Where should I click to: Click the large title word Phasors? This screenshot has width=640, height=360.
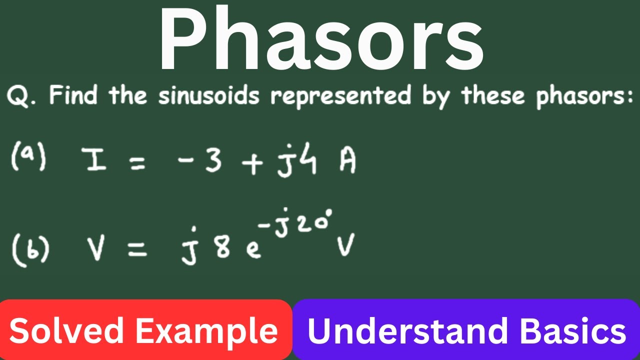tap(320, 40)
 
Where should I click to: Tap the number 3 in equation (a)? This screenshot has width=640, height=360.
tap(214, 161)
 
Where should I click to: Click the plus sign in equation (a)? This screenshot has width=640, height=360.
tap(254, 163)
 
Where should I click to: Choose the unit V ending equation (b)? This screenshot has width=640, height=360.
tap(345, 246)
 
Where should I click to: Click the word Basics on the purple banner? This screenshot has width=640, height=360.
tap(572, 331)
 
